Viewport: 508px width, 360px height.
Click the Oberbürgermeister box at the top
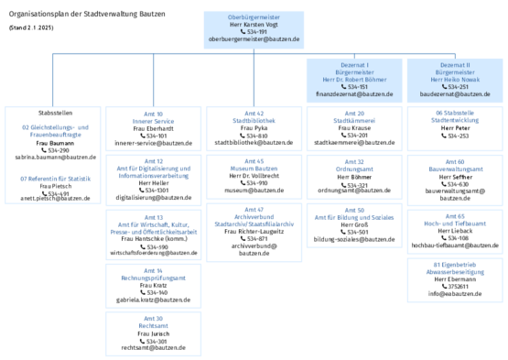254,28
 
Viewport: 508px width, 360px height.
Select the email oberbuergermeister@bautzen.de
254,40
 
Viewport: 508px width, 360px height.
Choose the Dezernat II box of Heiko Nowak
456,80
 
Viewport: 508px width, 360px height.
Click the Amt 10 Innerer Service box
154,129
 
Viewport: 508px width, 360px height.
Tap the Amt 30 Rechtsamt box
154,333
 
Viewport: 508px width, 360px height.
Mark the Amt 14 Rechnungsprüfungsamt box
154,287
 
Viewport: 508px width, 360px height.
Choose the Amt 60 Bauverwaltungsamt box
456,179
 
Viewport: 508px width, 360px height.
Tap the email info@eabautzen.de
456,294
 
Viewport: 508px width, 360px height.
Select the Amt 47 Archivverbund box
254,228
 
